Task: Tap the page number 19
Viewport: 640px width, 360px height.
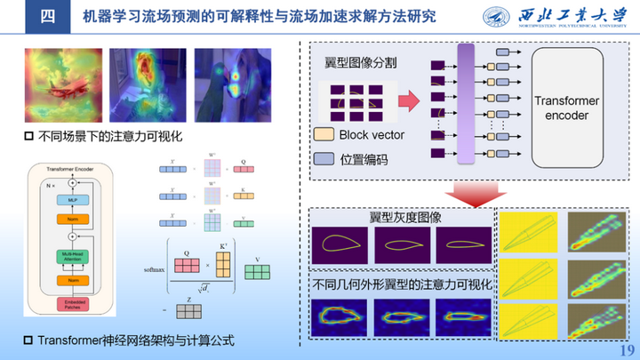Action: (x=625, y=349)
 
